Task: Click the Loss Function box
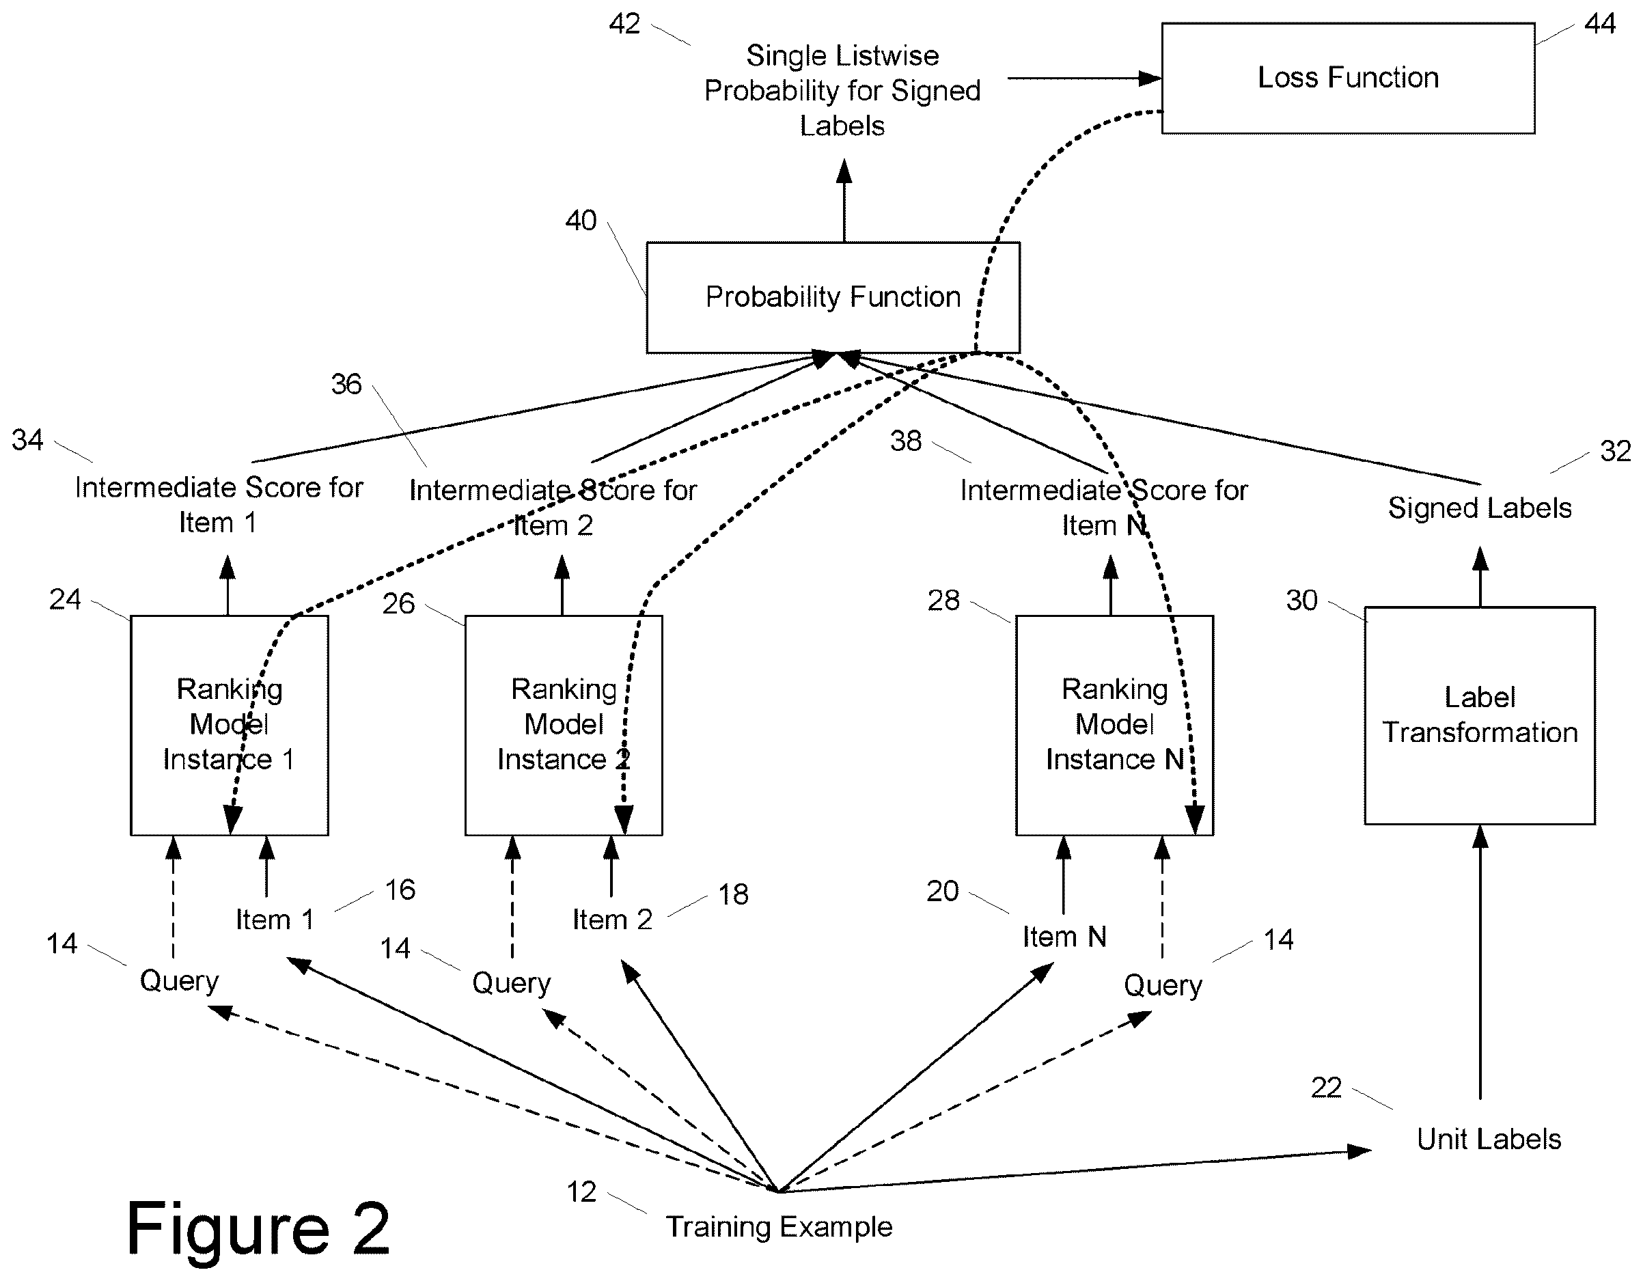[1348, 79]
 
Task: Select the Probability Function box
[833, 297]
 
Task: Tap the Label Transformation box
[1480, 715]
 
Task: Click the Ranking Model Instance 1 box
[230, 725]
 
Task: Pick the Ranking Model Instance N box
[1114, 725]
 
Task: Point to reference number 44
[1599, 24]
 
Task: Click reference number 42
[624, 24]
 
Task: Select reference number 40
[581, 221]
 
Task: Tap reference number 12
[581, 1192]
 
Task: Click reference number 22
[1326, 1088]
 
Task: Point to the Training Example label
[779, 1227]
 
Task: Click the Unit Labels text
[1489, 1139]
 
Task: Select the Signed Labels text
[1480, 508]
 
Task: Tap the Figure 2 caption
[258, 1228]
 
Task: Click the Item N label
[1064, 937]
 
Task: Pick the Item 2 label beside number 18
[612, 919]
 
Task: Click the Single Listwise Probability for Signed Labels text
[842, 90]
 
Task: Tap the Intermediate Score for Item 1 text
[219, 505]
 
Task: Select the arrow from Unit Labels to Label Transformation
[1480, 962]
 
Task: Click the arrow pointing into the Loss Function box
[1085, 79]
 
